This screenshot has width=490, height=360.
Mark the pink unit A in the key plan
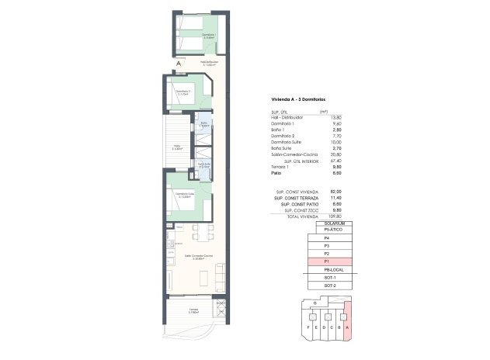pyautogui.click(x=346, y=320)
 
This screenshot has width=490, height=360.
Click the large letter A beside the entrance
pyautogui.click(x=178, y=64)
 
